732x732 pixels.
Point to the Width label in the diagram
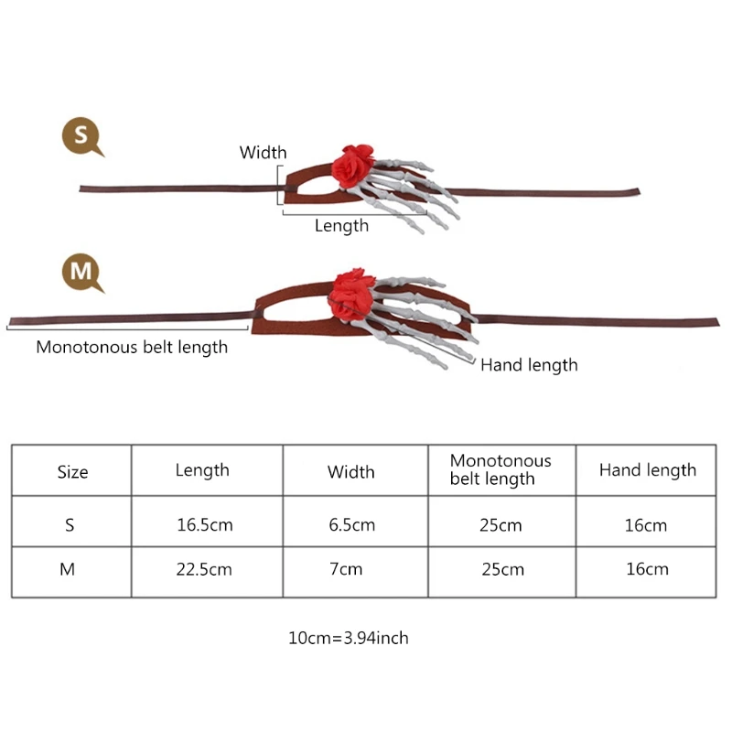tap(263, 153)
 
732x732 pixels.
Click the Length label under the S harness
tap(341, 225)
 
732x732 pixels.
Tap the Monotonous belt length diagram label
tap(132, 347)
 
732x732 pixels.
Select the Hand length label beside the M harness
tap(529, 365)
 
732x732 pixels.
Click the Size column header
tap(72, 472)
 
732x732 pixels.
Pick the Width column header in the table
tap(351, 472)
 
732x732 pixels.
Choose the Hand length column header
tap(647, 470)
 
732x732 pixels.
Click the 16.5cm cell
tap(204, 525)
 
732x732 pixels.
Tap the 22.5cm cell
tap(204, 569)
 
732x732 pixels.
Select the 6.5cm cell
tap(351, 525)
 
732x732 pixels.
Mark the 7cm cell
tap(351, 569)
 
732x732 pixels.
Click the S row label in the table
tap(70, 525)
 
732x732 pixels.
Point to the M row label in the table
tap(67, 569)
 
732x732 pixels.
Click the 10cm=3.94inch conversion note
tap(349, 638)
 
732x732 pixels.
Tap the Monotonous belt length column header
tap(501, 469)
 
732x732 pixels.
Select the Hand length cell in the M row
tap(647, 569)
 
